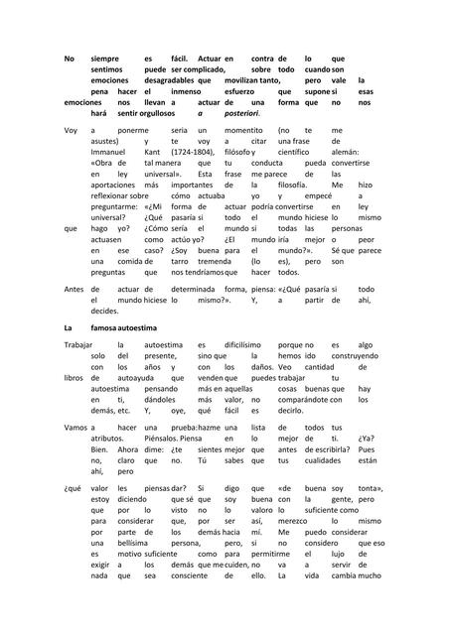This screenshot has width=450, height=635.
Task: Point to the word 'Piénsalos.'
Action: coord(165,436)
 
